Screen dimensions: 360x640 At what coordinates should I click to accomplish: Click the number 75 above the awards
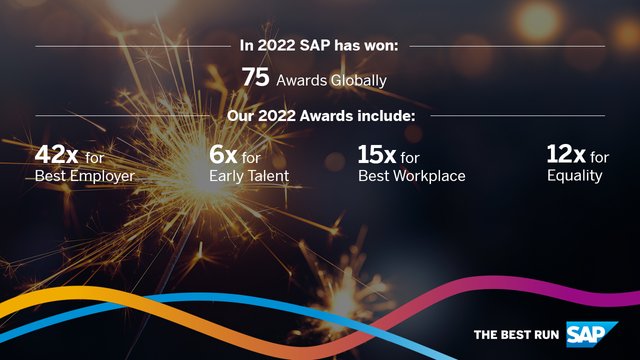(256, 77)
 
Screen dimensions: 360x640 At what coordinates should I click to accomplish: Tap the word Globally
(357, 79)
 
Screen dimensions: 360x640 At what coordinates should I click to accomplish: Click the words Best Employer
(84, 176)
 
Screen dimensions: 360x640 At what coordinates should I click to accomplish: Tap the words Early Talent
(249, 176)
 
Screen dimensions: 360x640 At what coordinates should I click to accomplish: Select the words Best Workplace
(412, 176)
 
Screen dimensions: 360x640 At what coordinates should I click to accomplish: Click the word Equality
(575, 176)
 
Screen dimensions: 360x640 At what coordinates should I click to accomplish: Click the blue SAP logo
(591, 332)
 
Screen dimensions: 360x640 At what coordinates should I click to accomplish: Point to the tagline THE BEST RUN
(516, 334)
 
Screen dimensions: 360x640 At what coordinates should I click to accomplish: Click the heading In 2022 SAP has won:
(320, 45)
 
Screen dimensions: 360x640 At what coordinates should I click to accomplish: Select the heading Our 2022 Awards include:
(320, 115)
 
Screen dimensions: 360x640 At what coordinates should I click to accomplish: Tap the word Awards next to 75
(302, 79)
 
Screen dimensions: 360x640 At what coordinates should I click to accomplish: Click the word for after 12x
(599, 157)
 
